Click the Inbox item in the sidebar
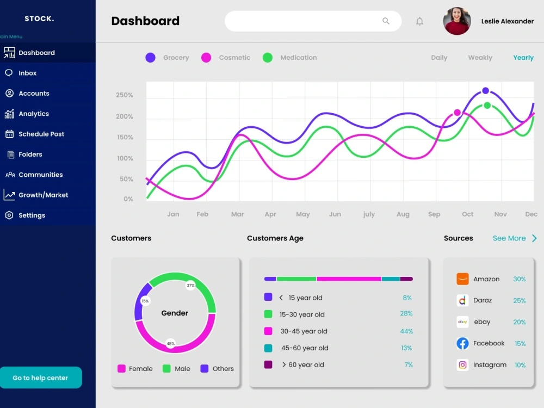27,73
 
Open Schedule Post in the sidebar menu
41,134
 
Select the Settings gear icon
9,215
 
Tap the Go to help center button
41,378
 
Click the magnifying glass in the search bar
386,21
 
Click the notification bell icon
419,22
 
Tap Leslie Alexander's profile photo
457,21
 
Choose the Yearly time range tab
523,58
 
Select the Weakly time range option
480,58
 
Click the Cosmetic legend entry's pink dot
206,58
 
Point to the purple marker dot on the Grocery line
486,91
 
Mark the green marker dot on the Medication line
487,106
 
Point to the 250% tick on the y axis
124,95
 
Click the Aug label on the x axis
403,214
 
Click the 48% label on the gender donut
170,344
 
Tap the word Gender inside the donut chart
175,313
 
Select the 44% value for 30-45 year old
406,331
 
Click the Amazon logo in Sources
462,279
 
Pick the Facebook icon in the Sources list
462,343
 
